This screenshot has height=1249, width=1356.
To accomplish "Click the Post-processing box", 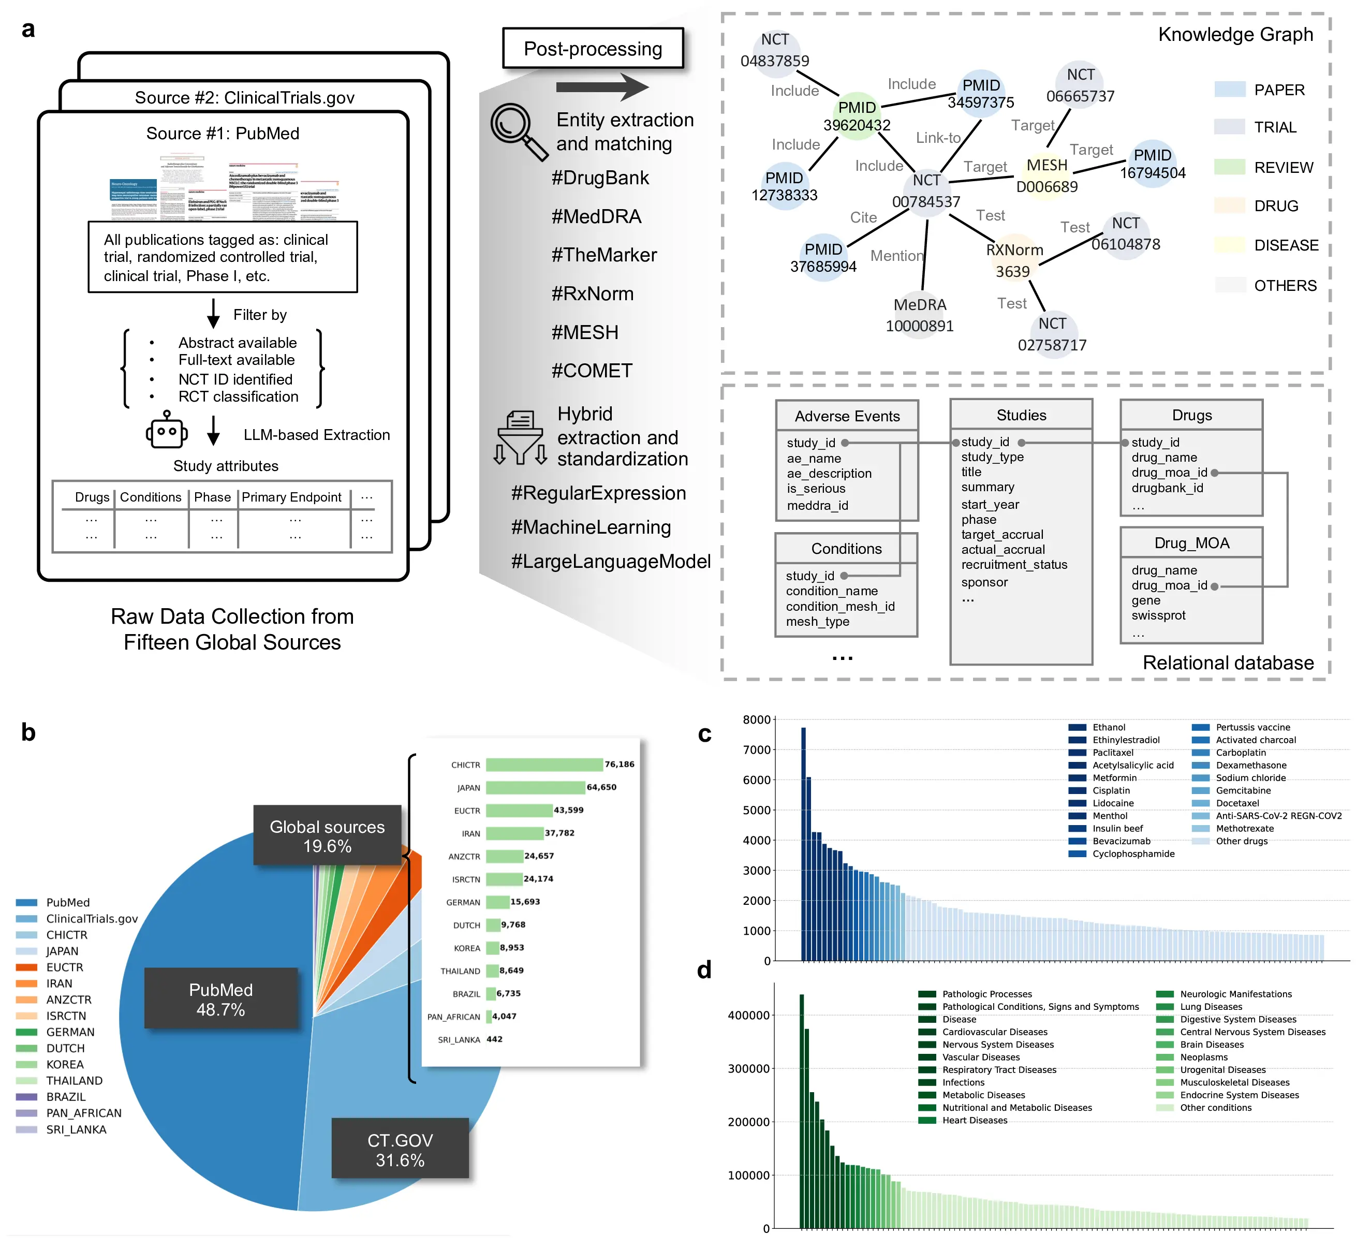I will (593, 49).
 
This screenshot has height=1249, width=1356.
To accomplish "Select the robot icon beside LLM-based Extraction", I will (166, 431).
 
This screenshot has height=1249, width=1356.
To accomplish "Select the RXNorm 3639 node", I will (1014, 260).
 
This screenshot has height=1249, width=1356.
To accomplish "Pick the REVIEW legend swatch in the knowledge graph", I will (1229, 167).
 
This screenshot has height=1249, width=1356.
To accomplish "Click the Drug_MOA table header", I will (1191, 543).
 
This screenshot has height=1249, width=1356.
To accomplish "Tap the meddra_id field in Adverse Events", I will (817, 506).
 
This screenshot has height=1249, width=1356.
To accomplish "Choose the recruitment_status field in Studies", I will (1014, 564).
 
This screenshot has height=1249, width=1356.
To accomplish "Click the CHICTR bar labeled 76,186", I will (544, 765).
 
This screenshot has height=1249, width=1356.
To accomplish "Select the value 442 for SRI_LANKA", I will (495, 1039).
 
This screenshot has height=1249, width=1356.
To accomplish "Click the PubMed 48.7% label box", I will (221, 999).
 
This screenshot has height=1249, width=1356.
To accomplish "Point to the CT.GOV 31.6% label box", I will (400, 1150).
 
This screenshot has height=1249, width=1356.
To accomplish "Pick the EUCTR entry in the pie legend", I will (64, 967).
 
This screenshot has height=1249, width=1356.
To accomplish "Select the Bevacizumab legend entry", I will (1121, 841).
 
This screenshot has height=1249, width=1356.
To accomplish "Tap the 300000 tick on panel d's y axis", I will (748, 1068).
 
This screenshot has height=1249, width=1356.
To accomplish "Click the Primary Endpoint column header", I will (291, 497).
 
